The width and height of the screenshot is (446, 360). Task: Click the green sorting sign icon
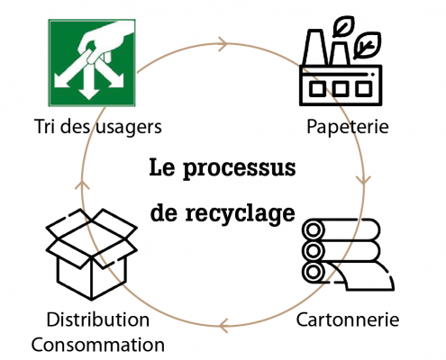92,63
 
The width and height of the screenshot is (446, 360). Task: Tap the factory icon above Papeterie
341,61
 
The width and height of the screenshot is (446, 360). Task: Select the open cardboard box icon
92,255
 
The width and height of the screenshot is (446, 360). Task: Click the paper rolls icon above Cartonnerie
348,255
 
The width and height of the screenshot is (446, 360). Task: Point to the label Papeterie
348,127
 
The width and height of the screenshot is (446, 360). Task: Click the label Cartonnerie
348,319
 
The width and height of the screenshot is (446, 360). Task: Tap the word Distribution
98,319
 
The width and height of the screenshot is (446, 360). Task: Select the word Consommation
98,345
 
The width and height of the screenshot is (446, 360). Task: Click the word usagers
129,128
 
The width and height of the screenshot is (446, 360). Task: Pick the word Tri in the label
46,126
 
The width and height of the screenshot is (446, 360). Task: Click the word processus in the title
240,168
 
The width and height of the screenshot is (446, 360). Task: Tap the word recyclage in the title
240,213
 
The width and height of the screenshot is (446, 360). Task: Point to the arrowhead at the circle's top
223,44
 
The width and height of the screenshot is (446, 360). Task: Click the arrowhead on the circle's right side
363,179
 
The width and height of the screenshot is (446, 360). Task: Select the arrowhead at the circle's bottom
223,326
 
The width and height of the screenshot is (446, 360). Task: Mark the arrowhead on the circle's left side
82,184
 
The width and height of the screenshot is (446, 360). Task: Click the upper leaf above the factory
343,26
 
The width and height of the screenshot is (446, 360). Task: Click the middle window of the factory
341,89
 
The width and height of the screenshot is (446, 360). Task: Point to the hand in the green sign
104,42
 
